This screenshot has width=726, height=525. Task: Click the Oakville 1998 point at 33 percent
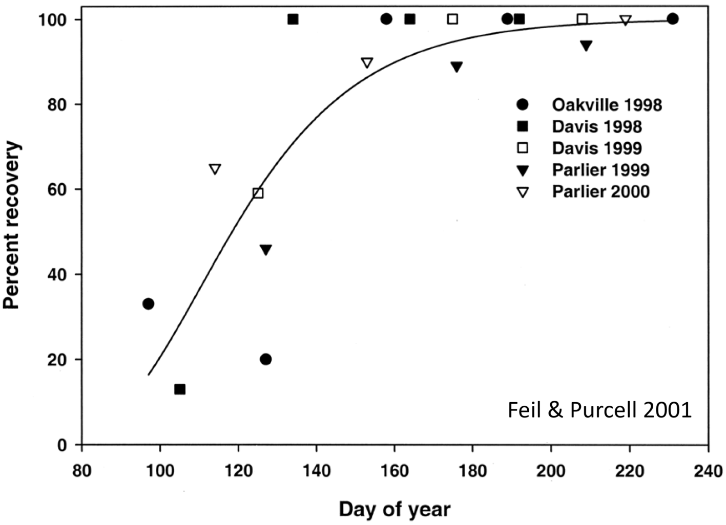tap(149, 304)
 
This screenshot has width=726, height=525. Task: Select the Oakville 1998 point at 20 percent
tap(265, 359)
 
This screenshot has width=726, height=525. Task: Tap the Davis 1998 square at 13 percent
tap(180, 389)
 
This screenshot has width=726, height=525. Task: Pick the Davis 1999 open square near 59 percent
tap(258, 193)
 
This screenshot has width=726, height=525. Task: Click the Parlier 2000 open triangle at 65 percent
tap(215, 169)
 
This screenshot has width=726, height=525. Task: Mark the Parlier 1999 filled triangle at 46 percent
tap(266, 250)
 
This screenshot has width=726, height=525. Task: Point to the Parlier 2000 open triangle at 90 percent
tap(367, 63)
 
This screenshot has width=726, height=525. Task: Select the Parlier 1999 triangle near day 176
tap(457, 67)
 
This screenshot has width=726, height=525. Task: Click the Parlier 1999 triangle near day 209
tap(586, 46)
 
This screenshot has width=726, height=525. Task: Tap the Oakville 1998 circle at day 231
tap(673, 19)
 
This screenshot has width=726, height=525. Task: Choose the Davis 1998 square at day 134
tap(293, 19)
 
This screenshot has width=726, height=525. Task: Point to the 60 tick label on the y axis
tap(60, 189)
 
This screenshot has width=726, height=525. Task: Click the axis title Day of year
tap(395, 509)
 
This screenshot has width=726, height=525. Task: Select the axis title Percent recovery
tap(12, 226)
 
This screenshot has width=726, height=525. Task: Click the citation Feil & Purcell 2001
tap(599, 410)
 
